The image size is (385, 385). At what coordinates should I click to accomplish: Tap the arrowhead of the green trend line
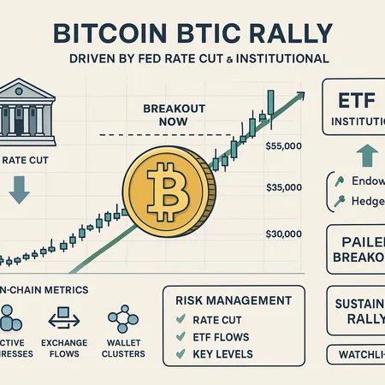click(x=299, y=97)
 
